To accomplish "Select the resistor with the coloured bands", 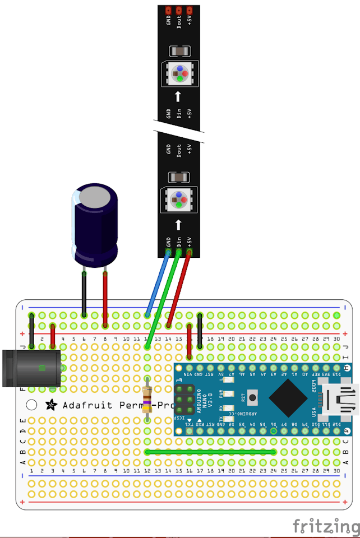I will (147, 399).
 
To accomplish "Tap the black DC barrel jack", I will (31, 368).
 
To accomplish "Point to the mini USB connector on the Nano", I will (340, 398).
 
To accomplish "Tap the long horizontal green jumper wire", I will (210, 452).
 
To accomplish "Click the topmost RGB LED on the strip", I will (178, 73).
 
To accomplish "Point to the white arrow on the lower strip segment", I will (178, 225).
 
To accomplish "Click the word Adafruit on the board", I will (86, 405).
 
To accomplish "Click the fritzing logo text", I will (326, 526).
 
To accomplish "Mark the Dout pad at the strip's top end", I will (179, 10).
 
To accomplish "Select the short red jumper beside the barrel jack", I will (52, 336).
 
